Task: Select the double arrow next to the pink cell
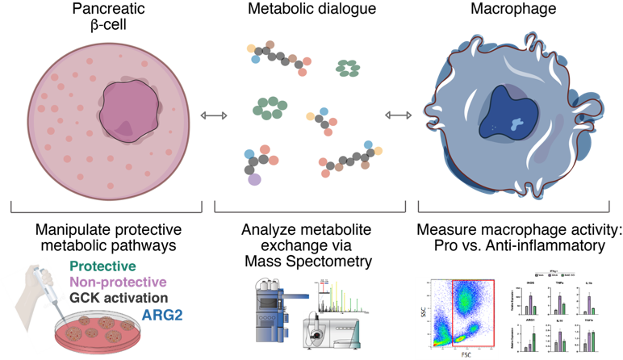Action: point(214,116)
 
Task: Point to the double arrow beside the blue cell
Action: point(398,115)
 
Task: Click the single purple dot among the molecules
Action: point(254,179)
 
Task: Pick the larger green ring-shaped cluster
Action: point(270,107)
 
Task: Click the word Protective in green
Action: point(102,266)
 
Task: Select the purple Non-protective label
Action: point(118,282)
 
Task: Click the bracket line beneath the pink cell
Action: point(105,212)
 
